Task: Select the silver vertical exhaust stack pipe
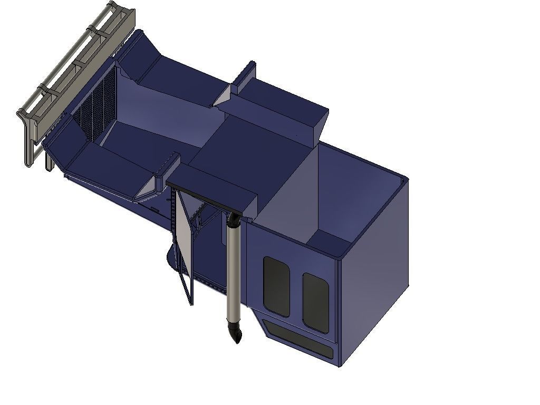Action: (233, 274)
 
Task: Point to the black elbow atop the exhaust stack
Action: (235, 218)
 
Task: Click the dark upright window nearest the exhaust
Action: (276, 286)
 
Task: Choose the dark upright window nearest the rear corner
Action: (315, 302)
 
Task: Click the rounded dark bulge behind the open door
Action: (172, 258)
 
